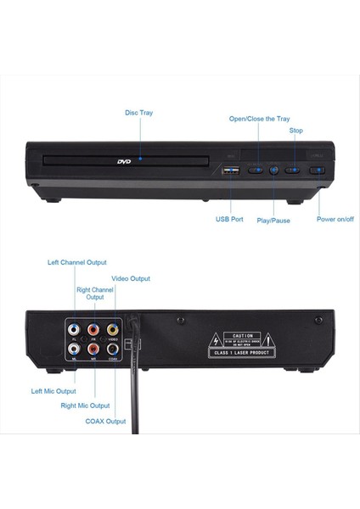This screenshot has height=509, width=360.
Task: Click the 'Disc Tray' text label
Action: tap(139, 113)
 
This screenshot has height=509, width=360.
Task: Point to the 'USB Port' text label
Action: tap(229, 219)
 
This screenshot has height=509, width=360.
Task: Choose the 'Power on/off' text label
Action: tap(335, 219)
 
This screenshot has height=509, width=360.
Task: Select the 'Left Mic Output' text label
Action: tap(53, 391)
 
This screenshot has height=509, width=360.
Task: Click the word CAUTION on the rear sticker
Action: tap(243, 335)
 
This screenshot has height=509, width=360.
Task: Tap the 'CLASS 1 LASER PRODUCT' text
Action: tap(243, 353)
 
